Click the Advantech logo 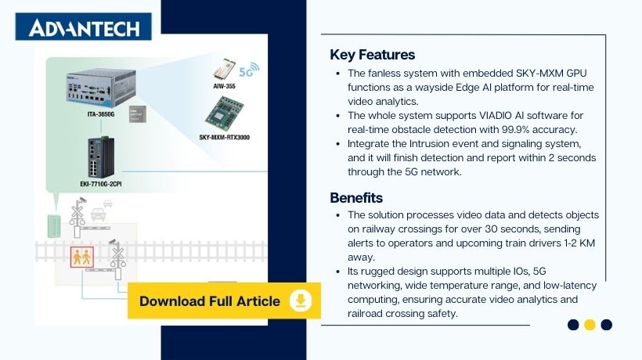click(84, 28)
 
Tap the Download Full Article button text click(209, 301)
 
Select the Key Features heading click(372, 55)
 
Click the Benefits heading click(356, 197)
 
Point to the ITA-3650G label click(102, 114)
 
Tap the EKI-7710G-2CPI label click(102, 185)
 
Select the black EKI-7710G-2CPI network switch click(102, 157)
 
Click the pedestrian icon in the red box click(81, 256)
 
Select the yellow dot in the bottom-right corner click(590, 325)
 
